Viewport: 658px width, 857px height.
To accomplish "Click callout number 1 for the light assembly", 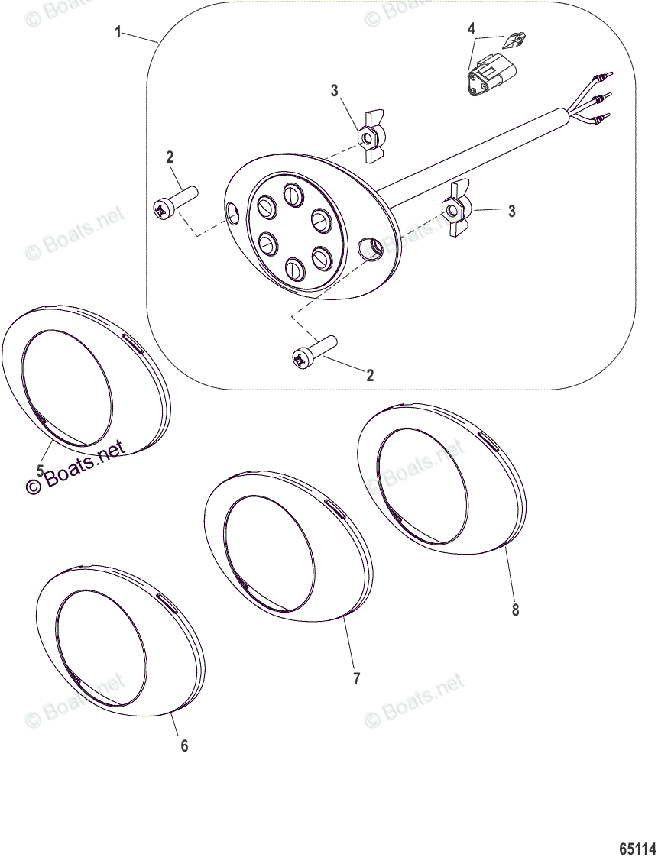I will click(118, 32).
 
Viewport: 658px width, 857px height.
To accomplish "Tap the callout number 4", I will click(472, 29).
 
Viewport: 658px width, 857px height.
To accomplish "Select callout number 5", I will click(40, 471).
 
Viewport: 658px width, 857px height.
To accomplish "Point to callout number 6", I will click(183, 745).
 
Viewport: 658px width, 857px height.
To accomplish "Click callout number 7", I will click(356, 678).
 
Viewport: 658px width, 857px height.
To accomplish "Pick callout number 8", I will click(515, 610).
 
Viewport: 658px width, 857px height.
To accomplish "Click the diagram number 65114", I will click(637, 849).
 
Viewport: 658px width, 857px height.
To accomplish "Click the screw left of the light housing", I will click(175, 204).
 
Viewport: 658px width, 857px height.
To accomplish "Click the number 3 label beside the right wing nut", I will click(511, 212).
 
